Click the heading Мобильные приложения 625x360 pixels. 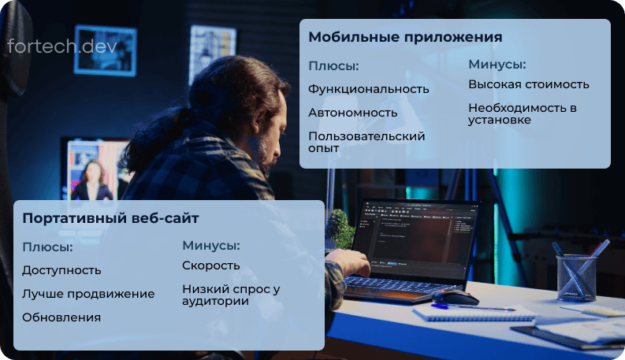(405, 37)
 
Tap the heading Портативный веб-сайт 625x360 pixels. (110, 217)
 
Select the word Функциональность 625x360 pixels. (368, 88)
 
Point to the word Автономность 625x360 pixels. (352, 112)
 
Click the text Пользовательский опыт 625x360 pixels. (366, 142)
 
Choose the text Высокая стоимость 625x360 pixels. (528, 84)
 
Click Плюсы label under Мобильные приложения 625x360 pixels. (333, 65)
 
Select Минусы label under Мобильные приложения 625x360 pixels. (497, 64)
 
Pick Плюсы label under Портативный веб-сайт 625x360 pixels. (47, 247)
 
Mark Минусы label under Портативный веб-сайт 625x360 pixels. (210, 245)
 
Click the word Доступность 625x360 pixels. (61, 270)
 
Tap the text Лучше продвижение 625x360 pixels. (88, 294)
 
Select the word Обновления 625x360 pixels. (61, 317)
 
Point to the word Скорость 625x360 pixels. (210, 265)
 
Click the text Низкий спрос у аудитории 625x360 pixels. (230, 295)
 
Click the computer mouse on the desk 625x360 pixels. (455, 296)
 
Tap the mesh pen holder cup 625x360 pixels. (576, 276)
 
